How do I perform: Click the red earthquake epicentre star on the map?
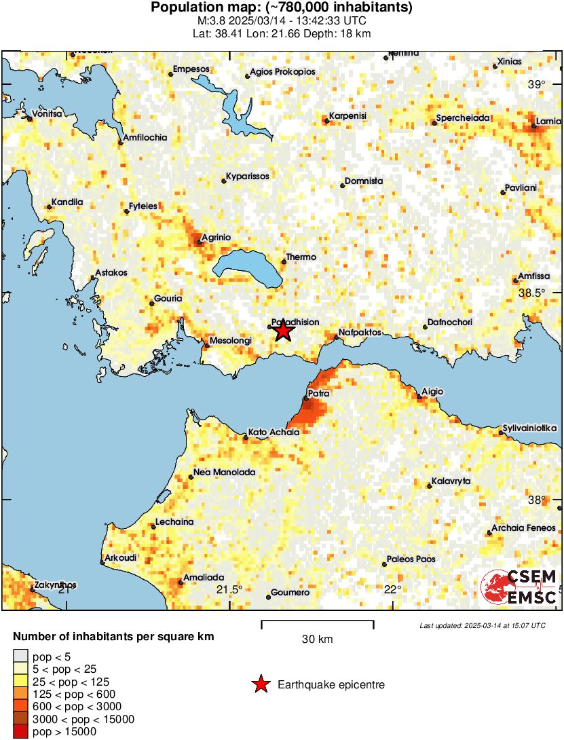click(283, 331)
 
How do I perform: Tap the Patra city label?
click(318, 393)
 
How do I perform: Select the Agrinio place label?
click(217, 237)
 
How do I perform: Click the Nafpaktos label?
click(365, 333)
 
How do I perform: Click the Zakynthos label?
click(55, 585)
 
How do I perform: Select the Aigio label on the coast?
click(432, 392)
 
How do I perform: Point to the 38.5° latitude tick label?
click(536, 293)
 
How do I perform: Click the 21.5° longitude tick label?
click(229, 589)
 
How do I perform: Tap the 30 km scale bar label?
click(317, 639)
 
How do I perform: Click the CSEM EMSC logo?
click(519, 588)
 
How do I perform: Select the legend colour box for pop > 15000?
click(20, 732)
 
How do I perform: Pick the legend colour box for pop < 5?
click(20, 656)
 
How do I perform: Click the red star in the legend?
click(261, 685)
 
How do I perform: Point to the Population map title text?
click(281, 7)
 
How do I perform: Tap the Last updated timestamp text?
click(482, 625)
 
